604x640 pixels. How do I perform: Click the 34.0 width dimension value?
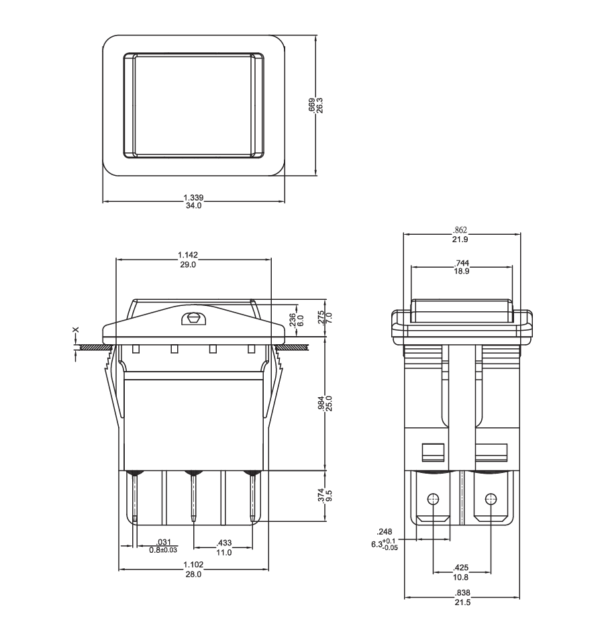pos(193,206)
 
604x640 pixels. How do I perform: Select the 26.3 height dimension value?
pos(319,105)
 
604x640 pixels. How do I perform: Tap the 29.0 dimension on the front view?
pos(188,264)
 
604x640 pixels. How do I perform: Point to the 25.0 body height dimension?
pos(329,403)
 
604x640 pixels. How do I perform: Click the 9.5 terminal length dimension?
pos(330,496)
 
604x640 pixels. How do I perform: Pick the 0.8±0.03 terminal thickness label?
pos(163,550)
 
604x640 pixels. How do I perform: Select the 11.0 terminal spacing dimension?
pos(223,553)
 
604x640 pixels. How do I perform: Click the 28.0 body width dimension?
pos(193,574)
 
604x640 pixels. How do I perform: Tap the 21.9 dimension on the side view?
pos(460,239)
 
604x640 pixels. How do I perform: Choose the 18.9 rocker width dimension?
pos(461,271)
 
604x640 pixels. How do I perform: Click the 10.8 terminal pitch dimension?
pos(460,577)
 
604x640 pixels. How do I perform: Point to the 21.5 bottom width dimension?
pos(462,602)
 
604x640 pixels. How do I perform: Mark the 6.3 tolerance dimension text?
pos(384,545)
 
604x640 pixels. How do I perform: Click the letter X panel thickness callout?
pos(75,330)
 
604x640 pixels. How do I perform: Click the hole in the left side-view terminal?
pos(433,498)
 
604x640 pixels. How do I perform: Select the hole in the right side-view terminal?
pos(491,498)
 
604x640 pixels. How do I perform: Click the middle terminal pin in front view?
pos(193,496)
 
